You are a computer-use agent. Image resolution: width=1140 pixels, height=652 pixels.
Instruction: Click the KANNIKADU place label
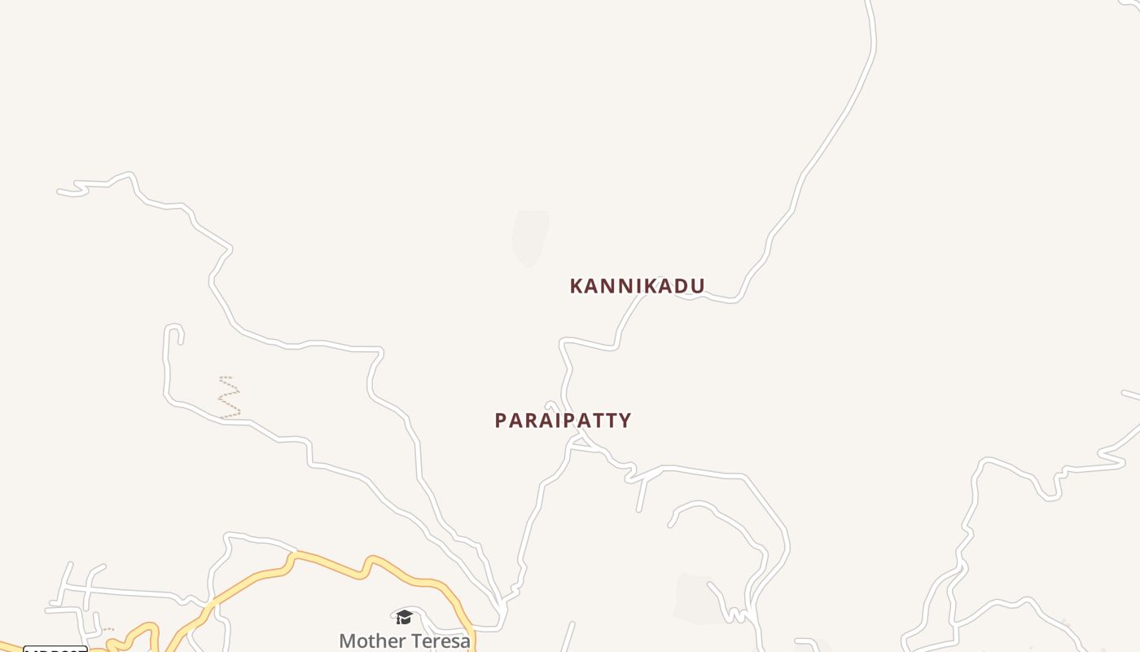[637, 286]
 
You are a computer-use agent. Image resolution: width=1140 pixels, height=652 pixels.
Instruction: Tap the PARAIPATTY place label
[563, 421]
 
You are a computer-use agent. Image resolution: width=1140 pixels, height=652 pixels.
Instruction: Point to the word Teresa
[443, 641]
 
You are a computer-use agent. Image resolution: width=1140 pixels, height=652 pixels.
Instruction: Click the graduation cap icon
[404, 617]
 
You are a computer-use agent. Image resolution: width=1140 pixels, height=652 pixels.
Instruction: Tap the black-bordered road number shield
[55, 649]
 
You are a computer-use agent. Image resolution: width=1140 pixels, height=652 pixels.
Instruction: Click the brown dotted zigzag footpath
[230, 397]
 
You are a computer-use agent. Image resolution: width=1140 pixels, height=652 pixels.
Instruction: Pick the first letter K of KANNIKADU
[577, 286]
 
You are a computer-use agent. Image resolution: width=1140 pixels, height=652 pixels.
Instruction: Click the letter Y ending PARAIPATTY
[624, 421]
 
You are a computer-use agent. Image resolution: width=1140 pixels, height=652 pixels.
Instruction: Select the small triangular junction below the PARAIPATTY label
[579, 443]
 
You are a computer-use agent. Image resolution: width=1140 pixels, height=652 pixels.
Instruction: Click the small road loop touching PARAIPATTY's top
[552, 406]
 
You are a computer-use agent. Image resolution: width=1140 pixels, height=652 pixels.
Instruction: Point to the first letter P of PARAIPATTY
[501, 421]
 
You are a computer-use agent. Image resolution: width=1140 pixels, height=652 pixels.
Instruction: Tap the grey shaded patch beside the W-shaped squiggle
[696, 599]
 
